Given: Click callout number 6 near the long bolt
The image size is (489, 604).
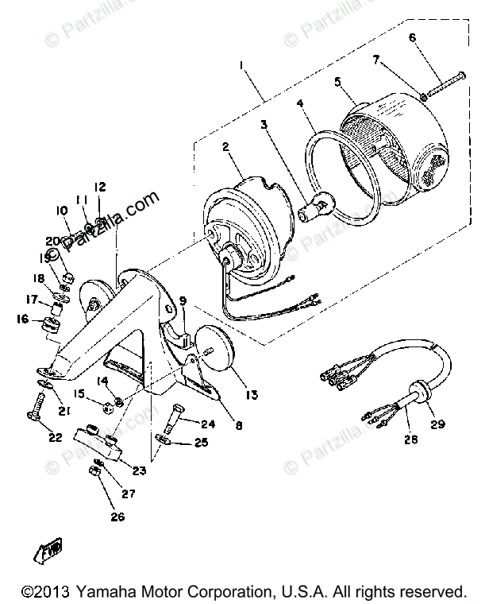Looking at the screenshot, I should pyautogui.click(x=413, y=37).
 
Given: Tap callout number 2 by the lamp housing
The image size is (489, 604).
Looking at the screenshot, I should pyautogui.click(x=226, y=147).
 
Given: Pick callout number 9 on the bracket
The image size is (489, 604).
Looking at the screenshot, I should pyautogui.click(x=183, y=301).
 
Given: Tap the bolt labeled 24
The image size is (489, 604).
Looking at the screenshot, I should pyautogui.click(x=177, y=412).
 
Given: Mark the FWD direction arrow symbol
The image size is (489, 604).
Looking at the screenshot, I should pyautogui.click(x=51, y=548).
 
